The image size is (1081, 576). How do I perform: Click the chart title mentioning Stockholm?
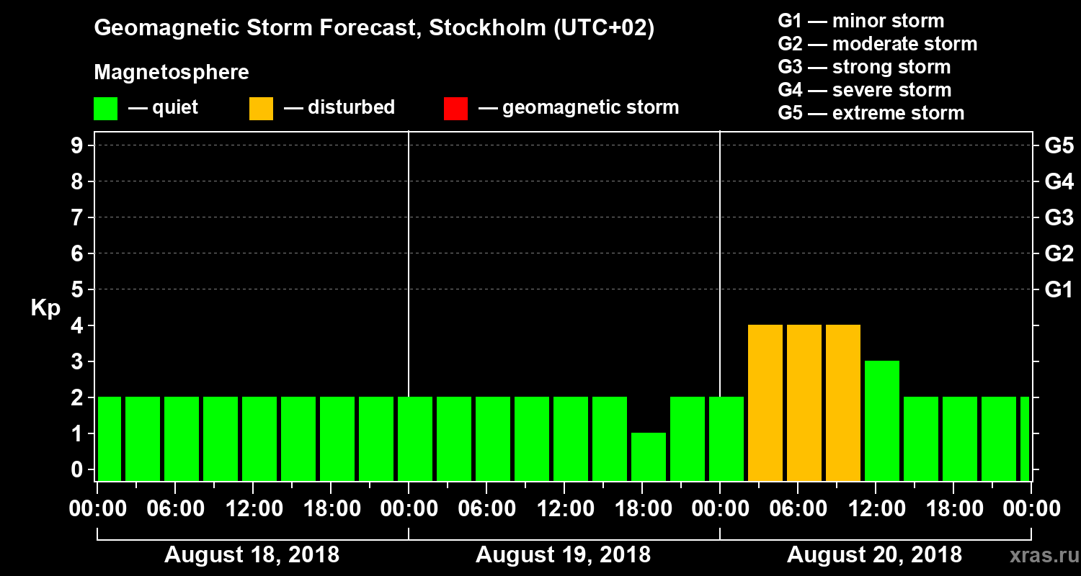coord(374,29)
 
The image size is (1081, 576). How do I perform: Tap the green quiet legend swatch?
coord(106,108)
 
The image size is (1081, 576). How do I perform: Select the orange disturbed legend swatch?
coord(261,108)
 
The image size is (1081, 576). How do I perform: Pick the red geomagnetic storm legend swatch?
coord(455,108)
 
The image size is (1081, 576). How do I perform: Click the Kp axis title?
coord(45,307)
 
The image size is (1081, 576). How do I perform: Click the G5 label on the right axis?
coord(1059,146)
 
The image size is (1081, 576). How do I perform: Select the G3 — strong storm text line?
coord(864,67)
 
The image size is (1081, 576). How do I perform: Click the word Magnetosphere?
coord(172,73)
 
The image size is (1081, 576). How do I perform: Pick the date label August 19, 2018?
coord(563,555)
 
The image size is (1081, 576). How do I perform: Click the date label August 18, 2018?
coord(252,555)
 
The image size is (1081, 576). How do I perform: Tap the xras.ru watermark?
coord(1038,556)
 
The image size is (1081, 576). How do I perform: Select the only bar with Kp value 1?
coord(649,456)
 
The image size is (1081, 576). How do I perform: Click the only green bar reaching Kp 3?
coord(882,420)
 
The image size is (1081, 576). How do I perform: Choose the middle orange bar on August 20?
coord(804,402)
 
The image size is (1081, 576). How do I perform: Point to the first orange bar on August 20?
coord(765,402)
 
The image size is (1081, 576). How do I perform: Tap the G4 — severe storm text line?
coord(865,90)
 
